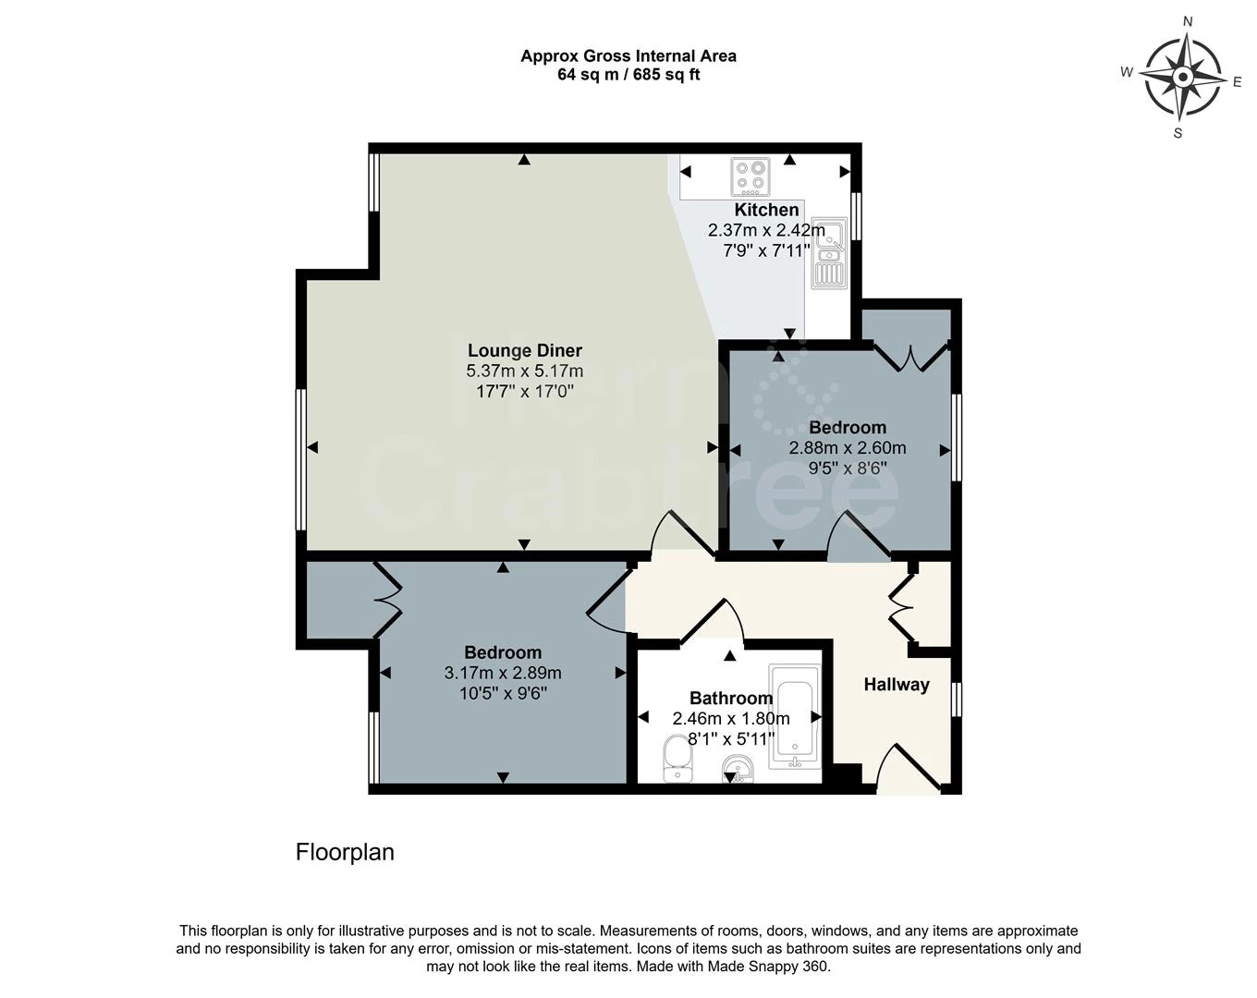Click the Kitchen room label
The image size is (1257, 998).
pos(766,210)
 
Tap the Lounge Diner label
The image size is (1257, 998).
pos(525,350)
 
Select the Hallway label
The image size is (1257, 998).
pos(897,685)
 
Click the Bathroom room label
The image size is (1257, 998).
pos(731,698)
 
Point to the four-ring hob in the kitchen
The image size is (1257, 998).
pos(751,176)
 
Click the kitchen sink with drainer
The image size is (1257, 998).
pos(829,253)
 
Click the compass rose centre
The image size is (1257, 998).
pos(1183,77)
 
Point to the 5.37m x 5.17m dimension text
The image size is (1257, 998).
pos(525,371)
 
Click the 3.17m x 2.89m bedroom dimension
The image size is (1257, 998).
pos(503,673)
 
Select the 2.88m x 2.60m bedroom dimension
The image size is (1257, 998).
pos(848,448)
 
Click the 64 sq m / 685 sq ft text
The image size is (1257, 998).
pos(628,75)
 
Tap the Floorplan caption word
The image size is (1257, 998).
pos(345,853)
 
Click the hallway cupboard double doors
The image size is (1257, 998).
pos(901,608)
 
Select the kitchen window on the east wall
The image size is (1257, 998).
pos(856,216)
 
